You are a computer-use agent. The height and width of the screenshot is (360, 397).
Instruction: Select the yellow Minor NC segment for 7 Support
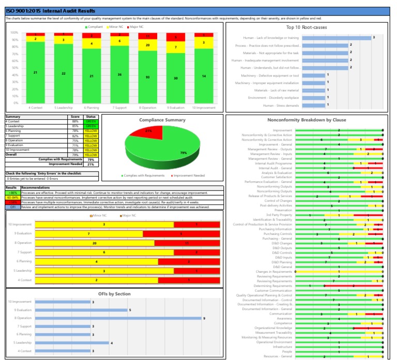point(119,41)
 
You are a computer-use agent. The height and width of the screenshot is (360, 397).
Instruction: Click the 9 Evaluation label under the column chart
point(175,108)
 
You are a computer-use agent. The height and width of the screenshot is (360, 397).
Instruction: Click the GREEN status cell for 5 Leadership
point(91,127)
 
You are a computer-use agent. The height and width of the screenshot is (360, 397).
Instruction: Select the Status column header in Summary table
point(91,117)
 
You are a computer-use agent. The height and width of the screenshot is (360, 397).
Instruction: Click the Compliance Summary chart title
point(162,120)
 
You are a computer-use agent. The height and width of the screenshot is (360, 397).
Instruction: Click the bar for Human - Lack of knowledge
point(336,38)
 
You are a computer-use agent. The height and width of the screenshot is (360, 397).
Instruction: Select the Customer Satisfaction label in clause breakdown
point(276,177)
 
